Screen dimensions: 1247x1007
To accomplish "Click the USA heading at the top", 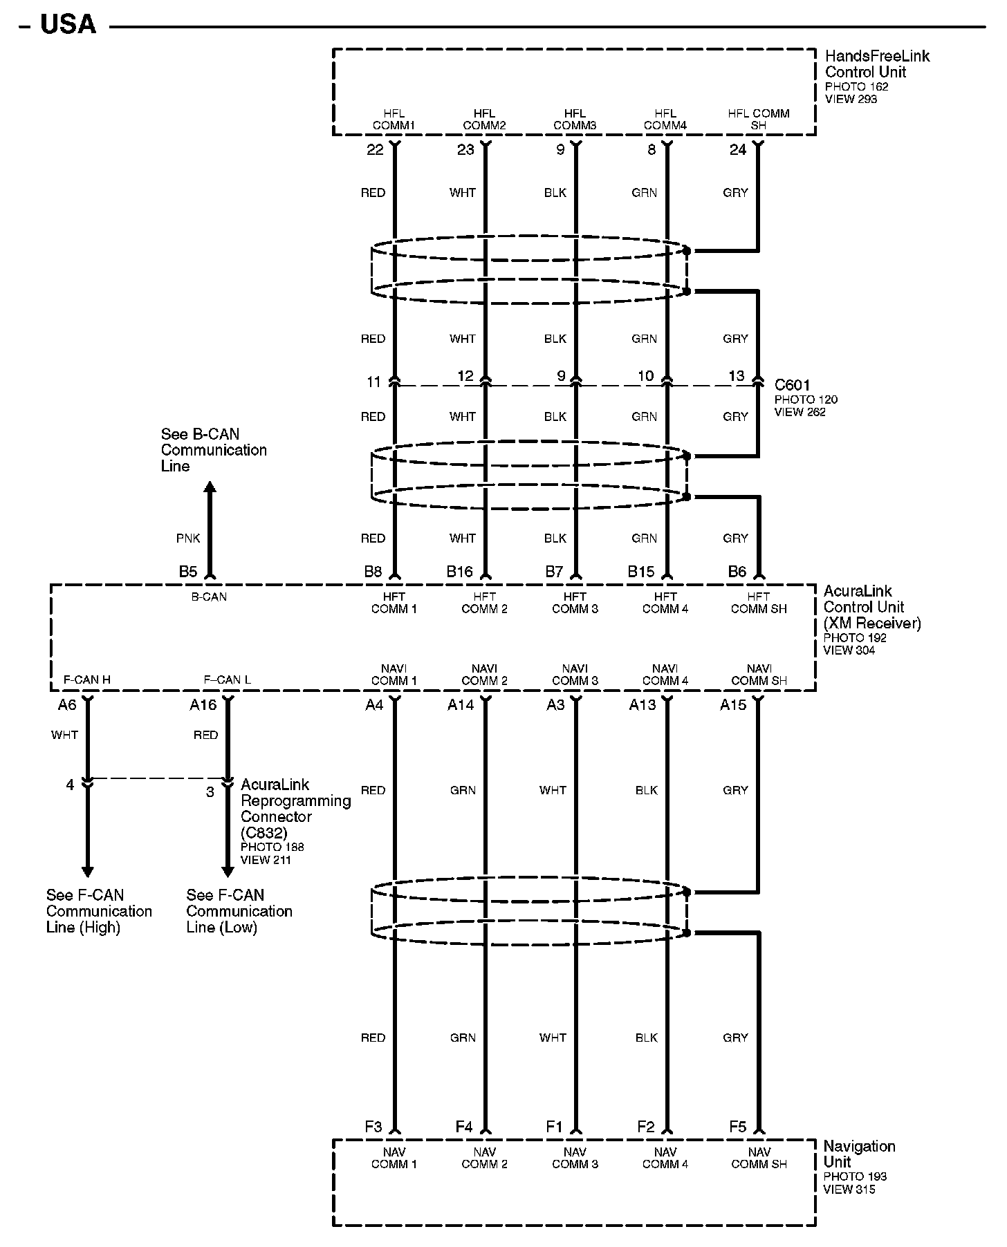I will (x=68, y=25).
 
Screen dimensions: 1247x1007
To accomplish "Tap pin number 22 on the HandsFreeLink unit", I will (x=375, y=149).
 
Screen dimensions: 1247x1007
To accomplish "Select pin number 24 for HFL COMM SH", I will (x=738, y=149).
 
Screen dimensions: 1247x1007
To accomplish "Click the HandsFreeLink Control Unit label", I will (x=876, y=64).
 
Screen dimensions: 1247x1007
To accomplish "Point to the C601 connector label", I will (x=792, y=385).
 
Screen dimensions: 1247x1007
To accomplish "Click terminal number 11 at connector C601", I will (x=373, y=382).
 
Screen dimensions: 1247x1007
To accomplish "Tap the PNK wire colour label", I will (x=188, y=538).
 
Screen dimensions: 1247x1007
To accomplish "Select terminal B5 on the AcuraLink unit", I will (x=188, y=571).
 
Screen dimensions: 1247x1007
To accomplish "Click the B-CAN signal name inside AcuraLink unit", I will (x=209, y=597).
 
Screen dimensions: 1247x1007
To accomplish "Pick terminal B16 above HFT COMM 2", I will (x=459, y=571).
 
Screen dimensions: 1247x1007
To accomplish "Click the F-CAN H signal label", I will (x=86, y=679).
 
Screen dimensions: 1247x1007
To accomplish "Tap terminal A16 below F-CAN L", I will (x=203, y=705).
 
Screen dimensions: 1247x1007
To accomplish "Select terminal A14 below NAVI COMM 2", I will (x=461, y=705).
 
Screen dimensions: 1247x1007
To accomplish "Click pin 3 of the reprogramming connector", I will (x=210, y=792).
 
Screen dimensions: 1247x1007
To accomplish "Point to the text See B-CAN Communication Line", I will (x=213, y=450).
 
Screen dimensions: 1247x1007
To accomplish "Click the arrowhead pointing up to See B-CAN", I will (x=210, y=487).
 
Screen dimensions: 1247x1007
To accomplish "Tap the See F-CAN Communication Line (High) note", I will (x=99, y=911).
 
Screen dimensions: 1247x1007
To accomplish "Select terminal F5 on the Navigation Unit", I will (x=738, y=1127).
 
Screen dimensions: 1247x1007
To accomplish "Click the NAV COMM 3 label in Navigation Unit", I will (x=575, y=1158).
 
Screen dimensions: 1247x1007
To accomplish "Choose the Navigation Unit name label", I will (x=858, y=1154).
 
